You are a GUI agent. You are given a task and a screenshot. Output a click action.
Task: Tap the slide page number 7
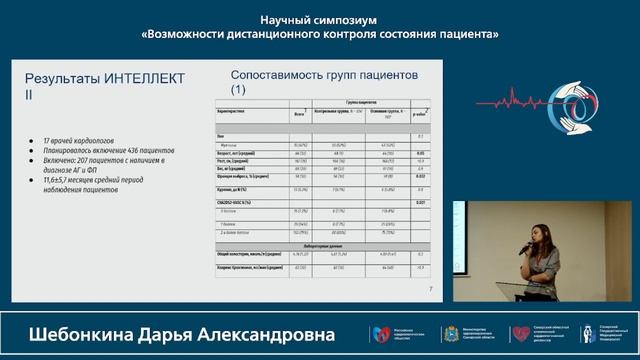[x=430, y=290]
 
